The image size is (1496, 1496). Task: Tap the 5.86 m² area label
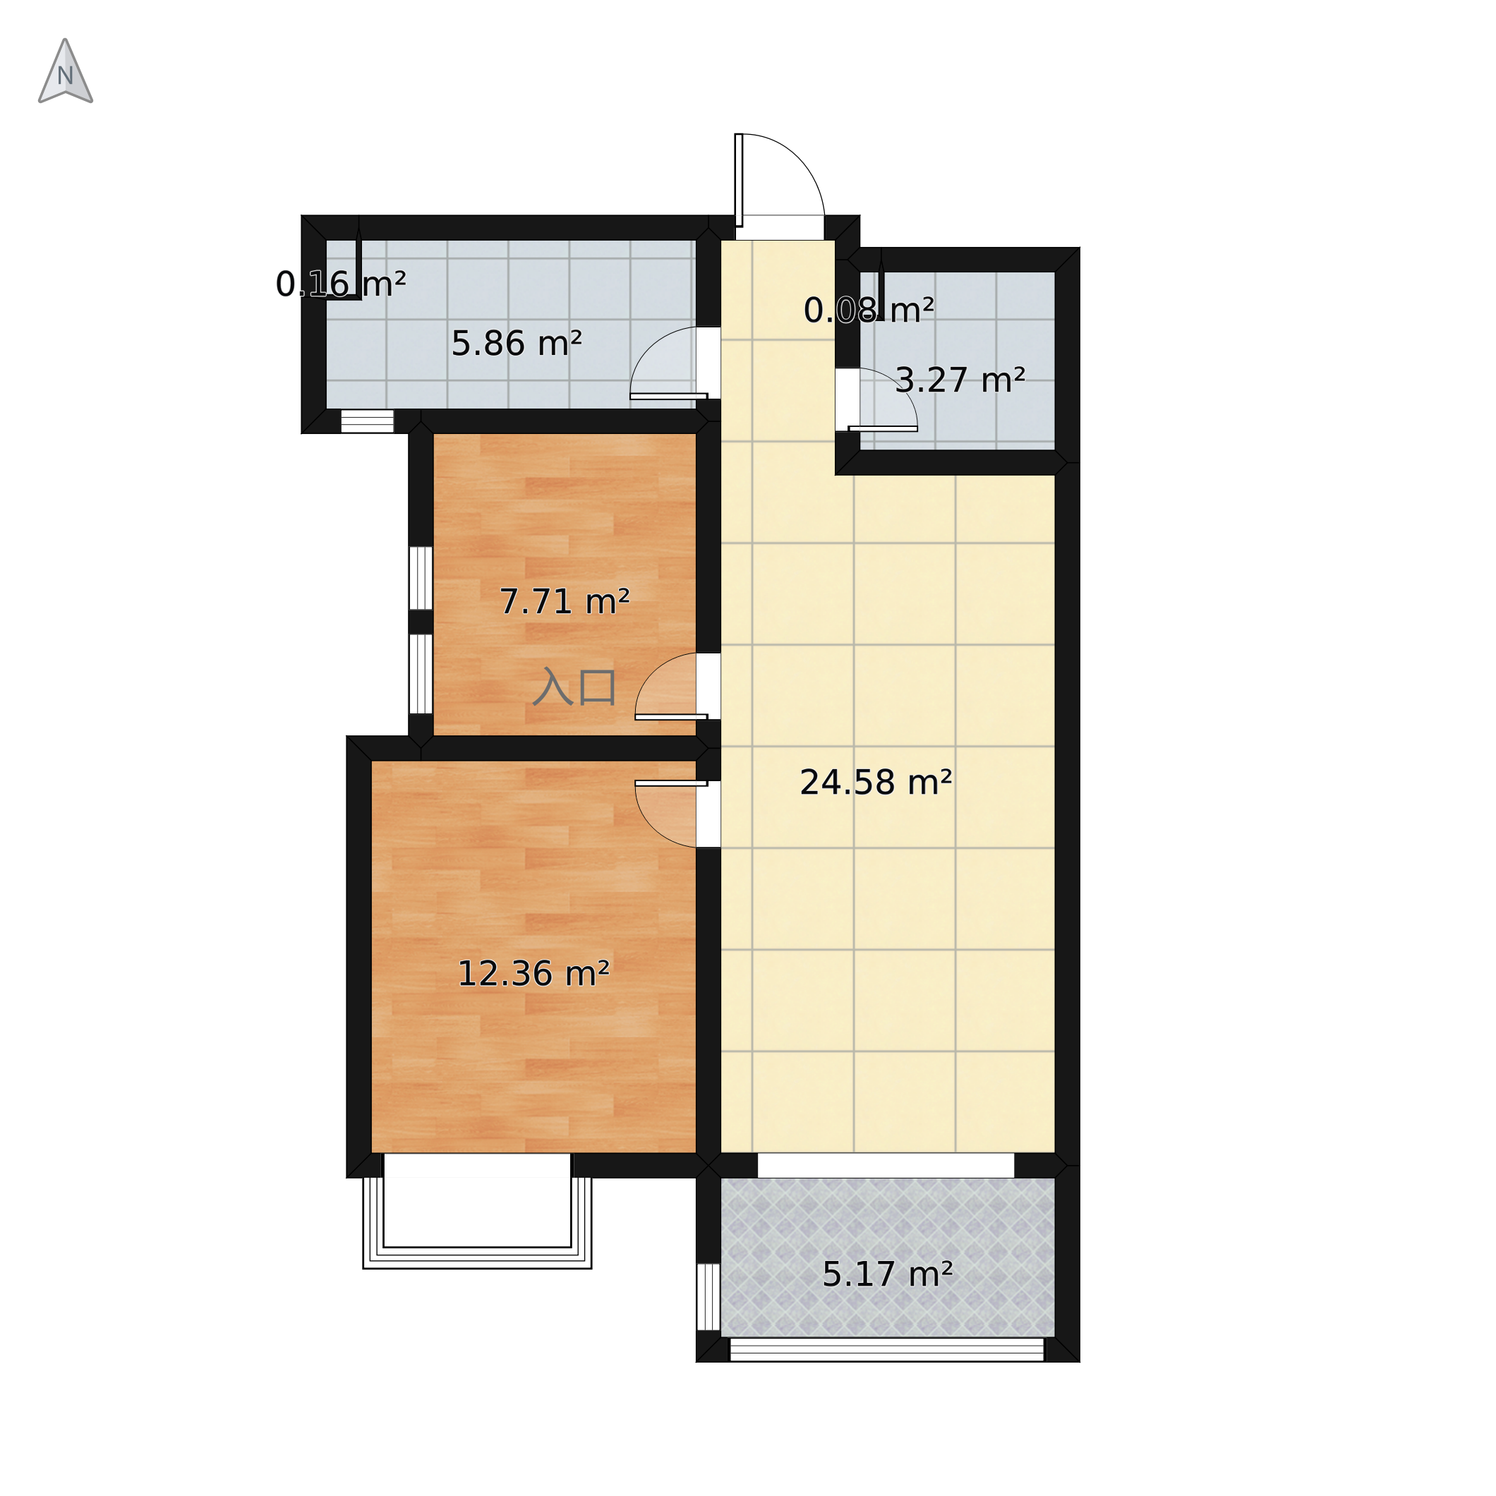click(517, 343)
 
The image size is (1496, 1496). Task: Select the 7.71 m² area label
click(565, 602)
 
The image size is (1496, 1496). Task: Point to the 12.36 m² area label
click(533, 973)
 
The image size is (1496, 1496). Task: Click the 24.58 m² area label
click(876, 782)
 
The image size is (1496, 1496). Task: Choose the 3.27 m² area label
click(960, 380)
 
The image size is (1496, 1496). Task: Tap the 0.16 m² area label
click(341, 284)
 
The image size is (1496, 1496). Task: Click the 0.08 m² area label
click(869, 310)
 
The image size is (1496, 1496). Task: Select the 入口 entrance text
click(574, 687)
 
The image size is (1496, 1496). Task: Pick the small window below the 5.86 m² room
click(368, 421)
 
